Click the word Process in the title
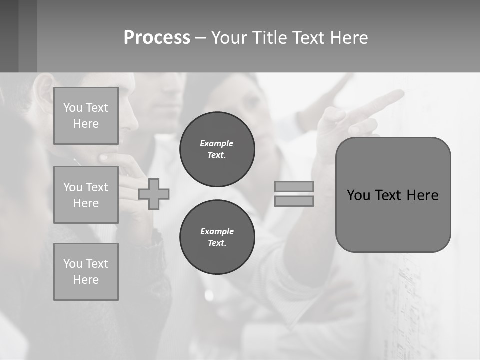157,38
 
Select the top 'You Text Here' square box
86,116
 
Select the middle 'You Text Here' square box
86,195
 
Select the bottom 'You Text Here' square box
86,272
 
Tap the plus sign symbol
154,194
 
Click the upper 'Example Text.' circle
217,149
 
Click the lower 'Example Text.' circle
217,237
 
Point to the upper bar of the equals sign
294,186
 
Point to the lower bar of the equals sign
294,201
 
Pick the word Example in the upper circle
217,143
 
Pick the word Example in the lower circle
217,231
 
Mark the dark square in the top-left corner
9,36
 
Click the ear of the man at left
44,87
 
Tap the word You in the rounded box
358,195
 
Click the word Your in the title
229,38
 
